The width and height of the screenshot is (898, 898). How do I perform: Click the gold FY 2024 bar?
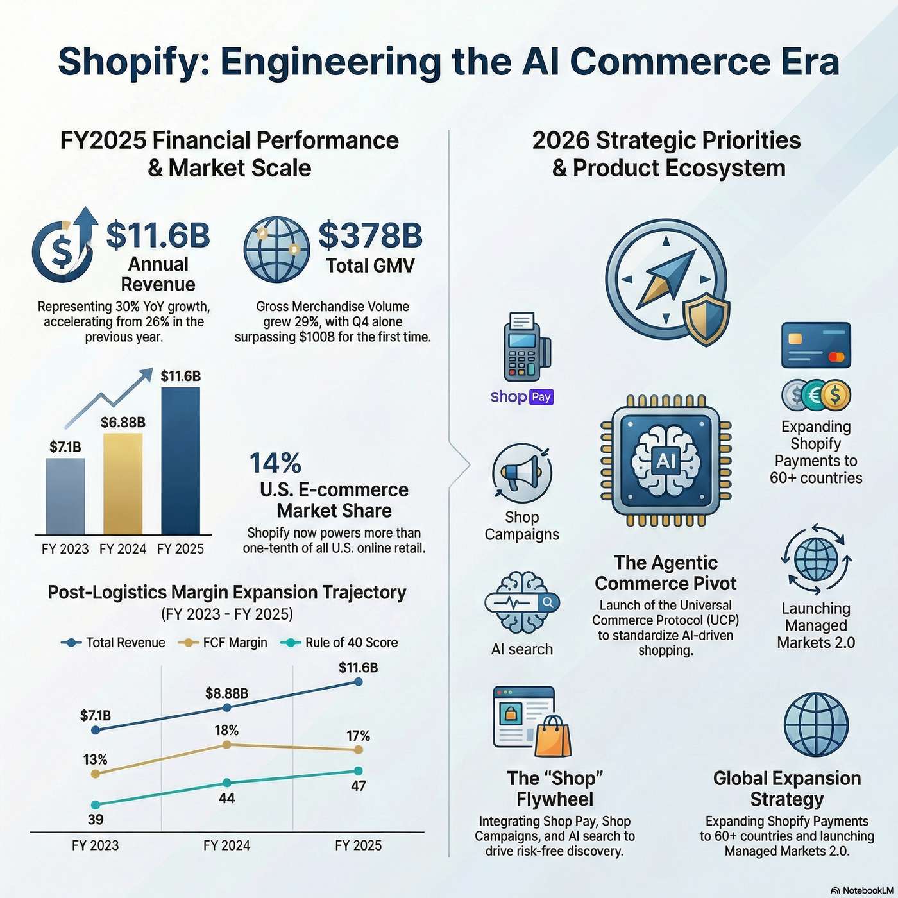[x=123, y=484]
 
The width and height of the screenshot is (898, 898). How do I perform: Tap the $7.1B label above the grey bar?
[x=65, y=447]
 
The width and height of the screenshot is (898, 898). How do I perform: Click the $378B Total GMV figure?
[x=370, y=235]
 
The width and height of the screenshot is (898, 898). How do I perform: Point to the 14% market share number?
[x=275, y=463]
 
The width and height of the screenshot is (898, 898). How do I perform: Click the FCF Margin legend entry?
[x=224, y=643]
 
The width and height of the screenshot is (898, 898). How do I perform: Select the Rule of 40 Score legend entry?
[x=340, y=643]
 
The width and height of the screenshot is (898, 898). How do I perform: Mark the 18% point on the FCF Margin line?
[x=226, y=745]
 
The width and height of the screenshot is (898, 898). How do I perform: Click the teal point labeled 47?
[x=358, y=771]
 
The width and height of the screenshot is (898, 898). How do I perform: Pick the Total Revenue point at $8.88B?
[x=226, y=707]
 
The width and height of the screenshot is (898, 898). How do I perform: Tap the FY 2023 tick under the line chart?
[x=95, y=845]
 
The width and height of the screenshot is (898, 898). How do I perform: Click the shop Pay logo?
[x=521, y=397]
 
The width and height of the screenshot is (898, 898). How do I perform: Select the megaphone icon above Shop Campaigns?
[x=521, y=473]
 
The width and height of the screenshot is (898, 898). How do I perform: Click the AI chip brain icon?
[x=666, y=460]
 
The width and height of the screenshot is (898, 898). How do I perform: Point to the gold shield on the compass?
[x=706, y=319]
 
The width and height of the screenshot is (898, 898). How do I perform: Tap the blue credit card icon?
[x=816, y=345]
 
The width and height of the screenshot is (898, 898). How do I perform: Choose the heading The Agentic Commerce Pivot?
[x=666, y=573]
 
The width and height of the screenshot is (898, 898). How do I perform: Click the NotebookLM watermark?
[x=862, y=890]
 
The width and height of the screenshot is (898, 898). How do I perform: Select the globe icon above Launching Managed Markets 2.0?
[x=816, y=559]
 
